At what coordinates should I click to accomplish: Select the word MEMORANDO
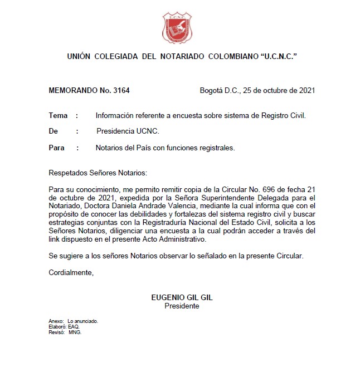point(72,90)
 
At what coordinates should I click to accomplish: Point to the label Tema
point(58,116)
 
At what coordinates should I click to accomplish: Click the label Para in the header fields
point(57,148)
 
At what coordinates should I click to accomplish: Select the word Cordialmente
point(71,272)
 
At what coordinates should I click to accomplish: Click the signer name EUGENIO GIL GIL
point(182,298)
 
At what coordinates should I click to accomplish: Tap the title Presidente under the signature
point(182,306)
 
